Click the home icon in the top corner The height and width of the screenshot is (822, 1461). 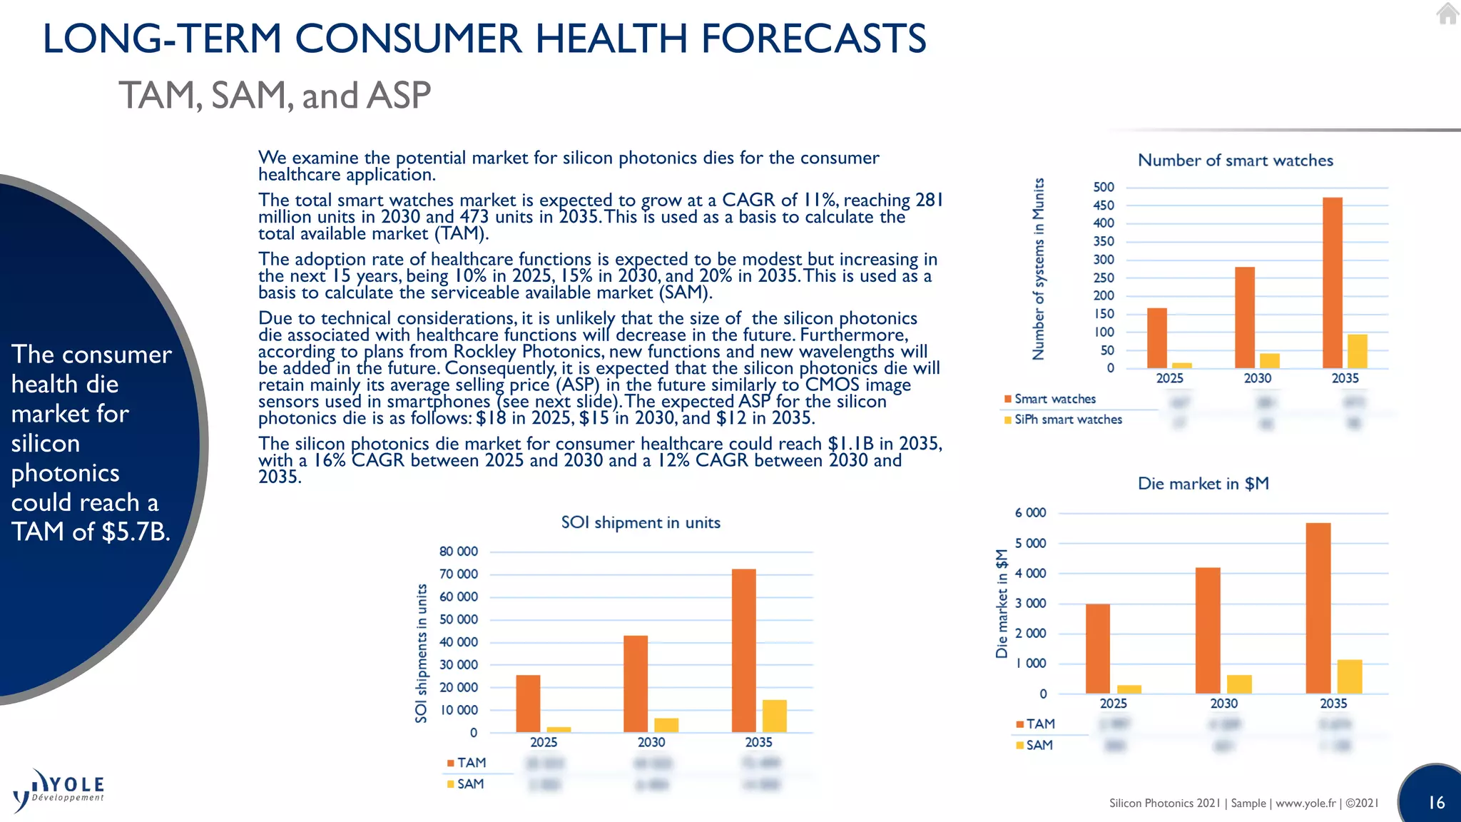(x=1447, y=14)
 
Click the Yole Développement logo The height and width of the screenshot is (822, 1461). (x=59, y=790)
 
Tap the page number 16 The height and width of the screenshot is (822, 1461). (x=1436, y=803)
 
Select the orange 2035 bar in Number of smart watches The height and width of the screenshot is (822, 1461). (x=1332, y=283)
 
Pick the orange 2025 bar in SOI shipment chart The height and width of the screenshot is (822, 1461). (x=528, y=704)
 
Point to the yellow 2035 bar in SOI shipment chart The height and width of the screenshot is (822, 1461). (x=774, y=716)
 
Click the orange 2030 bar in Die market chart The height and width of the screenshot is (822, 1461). (x=1208, y=630)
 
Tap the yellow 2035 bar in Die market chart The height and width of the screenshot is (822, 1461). (x=1349, y=676)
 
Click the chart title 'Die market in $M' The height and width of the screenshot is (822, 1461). (x=1203, y=484)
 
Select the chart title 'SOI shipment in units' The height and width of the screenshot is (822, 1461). (x=641, y=522)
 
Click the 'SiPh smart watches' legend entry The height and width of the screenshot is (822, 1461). (x=1067, y=420)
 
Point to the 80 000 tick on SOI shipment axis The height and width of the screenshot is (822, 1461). (x=458, y=552)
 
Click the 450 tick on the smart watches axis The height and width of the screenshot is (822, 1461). (x=1103, y=205)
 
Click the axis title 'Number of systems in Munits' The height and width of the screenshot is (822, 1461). (x=1039, y=268)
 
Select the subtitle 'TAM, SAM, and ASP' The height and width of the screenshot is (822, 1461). (x=275, y=96)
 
